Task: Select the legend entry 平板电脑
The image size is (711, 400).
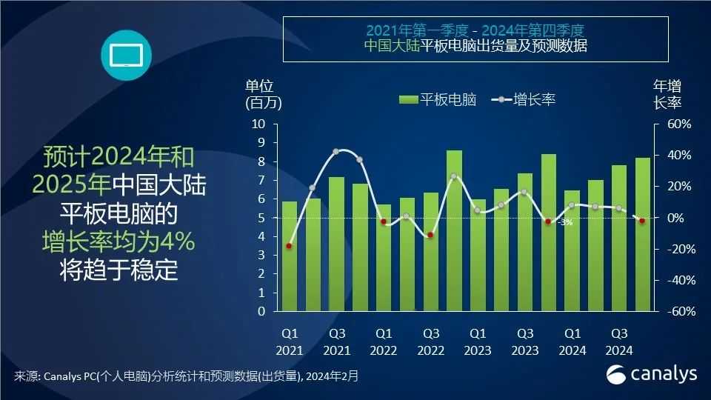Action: tap(437, 99)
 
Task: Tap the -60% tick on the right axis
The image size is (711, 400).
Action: tap(677, 312)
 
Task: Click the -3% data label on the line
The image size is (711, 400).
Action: tap(565, 222)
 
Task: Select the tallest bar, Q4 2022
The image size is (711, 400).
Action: tap(454, 230)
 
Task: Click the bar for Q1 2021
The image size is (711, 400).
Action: tap(289, 256)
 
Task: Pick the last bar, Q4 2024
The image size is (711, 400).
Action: tap(643, 234)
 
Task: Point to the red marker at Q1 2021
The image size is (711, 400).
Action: tap(289, 246)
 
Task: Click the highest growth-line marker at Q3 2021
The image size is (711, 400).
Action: tap(336, 151)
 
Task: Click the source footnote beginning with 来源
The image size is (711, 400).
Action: tap(186, 376)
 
